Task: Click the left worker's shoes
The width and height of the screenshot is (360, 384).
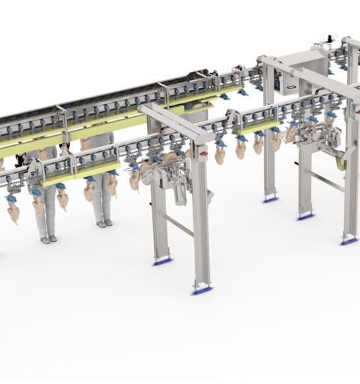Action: click(48, 239)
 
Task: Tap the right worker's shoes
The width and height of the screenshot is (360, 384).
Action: click(104, 224)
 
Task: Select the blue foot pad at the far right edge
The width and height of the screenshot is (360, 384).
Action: click(349, 242)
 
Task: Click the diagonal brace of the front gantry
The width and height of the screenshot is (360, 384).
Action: click(178, 224)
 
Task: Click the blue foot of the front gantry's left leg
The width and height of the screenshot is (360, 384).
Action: click(162, 261)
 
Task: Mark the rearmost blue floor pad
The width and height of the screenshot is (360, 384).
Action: click(270, 199)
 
